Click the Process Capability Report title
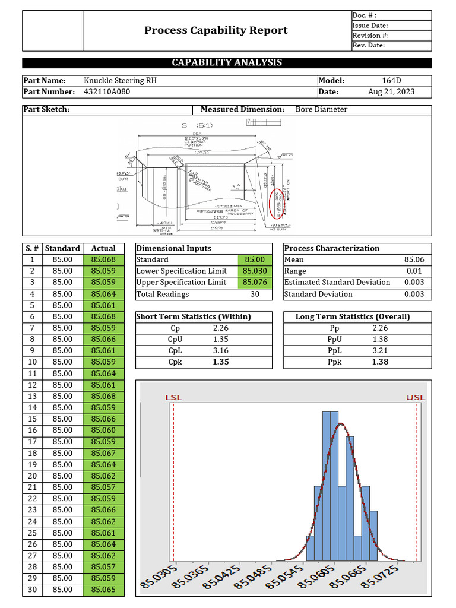[x=216, y=30]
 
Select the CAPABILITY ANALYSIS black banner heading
[x=227, y=62]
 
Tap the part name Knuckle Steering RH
[x=121, y=81]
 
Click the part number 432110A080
[x=107, y=92]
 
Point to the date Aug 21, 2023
[x=391, y=92]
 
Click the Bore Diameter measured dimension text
[x=321, y=109]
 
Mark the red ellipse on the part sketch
[x=276, y=203]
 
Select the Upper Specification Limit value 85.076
[x=254, y=283]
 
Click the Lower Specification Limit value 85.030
[x=254, y=271]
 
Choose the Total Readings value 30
[x=255, y=294]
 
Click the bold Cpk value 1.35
[x=220, y=362]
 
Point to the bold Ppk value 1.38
[x=380, y=362]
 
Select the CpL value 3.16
[x=220, y=350]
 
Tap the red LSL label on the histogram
[x=173, y=397]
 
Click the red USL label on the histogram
[x=416, y=397]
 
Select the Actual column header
[x=103, y=248]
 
